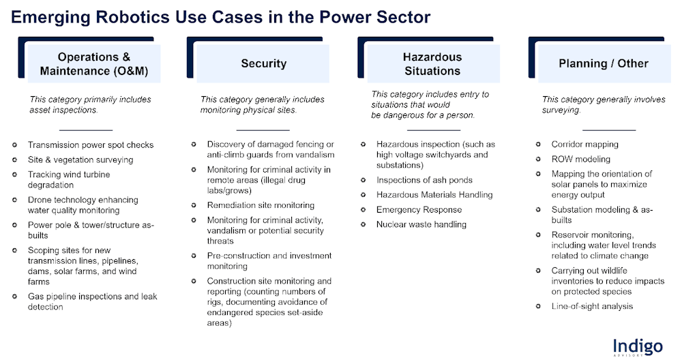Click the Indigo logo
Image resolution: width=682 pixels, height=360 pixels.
pyautogui.click(x=638, y=348)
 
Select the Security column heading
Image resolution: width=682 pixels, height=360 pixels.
pyautogui.click(x=263, y=63)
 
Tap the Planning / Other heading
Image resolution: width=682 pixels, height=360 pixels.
pyautogui.click(x=604, y=63)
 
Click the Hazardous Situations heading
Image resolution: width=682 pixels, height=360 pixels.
pyautogui.click(x=432, y=64)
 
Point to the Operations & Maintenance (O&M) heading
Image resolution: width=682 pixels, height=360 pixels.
pyautogui.click(x=94, y=64)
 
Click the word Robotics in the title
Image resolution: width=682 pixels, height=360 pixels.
pyautogui.click(x=133, y=17)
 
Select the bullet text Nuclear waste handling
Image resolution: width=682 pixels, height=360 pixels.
pyautogui.click(x=421, y=224)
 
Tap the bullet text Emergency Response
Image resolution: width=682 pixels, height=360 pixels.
pyautogui.click(x=419, y=209)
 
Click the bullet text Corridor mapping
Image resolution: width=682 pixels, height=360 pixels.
pyautogui.click(x=584, y=145)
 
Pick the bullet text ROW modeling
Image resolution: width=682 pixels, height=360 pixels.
pyautogui.click(x=580, y=159)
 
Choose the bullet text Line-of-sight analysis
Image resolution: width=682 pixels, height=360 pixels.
pyautogui.click(x=592, y=306)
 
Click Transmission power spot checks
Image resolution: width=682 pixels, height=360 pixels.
pyautogui.click(x=91, y=145)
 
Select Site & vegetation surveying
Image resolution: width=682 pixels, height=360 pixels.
pyautogui.click(x=80, y=160)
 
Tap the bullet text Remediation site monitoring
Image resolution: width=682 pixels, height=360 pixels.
pyautogui.click(x=261, y=205)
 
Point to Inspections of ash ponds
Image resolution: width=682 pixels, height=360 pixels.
pyautogui.click(x=424, y=180)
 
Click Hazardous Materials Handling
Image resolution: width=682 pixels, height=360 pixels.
pyautogui.click(x=434, y=195)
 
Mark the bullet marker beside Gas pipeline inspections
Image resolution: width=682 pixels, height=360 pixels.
pyautogui.click(x=15, y=297)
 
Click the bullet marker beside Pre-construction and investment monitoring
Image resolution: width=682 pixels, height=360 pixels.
pyautogui.click(x=194, y=256)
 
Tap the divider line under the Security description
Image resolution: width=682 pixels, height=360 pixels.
pyautogui.click(x=263, y=130)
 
